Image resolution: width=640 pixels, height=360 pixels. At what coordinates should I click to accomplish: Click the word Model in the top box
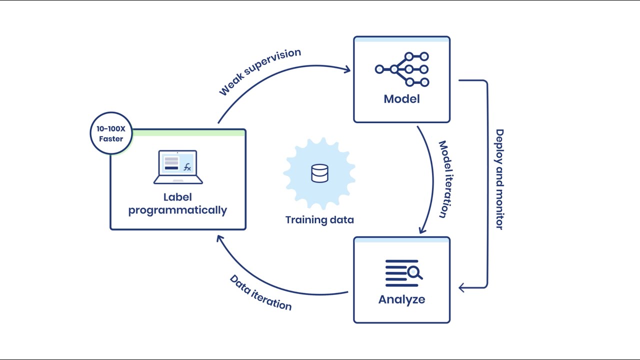tap(401, 99)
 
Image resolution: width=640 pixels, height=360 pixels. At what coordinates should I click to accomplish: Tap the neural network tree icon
tap(402, 69)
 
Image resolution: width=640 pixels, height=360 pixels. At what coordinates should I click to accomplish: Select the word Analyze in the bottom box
tap(401, 299)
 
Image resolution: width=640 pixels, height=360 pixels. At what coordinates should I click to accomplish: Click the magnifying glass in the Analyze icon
tap(414, 273)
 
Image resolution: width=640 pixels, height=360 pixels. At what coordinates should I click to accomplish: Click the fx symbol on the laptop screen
tap(187, 167)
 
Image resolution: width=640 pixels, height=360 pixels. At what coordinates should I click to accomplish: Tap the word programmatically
tap(177, 210)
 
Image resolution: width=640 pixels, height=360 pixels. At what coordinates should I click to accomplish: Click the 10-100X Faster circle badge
tap(111, 133)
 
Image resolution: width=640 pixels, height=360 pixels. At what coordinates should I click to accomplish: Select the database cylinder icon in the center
tap(319, 173)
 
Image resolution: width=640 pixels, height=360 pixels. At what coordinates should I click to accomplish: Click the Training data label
tap(319, 220)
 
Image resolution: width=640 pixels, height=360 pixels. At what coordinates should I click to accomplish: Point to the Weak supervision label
tap(260, 72)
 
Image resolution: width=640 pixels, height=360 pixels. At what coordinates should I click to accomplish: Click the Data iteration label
tap(260, 292)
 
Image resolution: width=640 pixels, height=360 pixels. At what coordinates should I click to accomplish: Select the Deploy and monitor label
tap(499, 179)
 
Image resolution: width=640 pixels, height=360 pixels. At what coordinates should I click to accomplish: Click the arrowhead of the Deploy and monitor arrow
tap(462, 287)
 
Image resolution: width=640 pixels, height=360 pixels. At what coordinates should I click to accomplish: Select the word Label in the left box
tap(177, 197)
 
